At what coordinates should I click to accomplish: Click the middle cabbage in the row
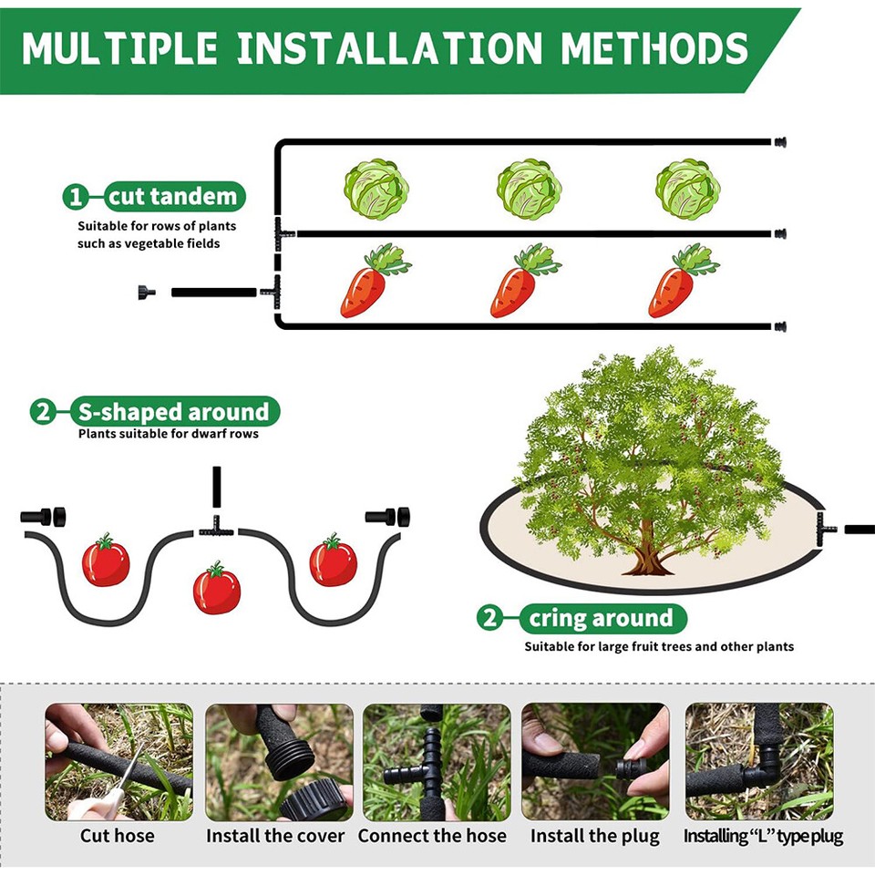coord(529,189)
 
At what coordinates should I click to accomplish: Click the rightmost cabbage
coord(687,189)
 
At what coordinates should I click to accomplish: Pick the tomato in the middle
coord(217,590)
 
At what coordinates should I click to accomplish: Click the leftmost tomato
coord(106,561)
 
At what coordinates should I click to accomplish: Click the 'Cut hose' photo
coord(118,761)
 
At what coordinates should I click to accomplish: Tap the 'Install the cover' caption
coord(275,836)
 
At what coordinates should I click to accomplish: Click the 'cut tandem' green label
coord(172,196)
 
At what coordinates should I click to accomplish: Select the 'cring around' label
coord(602,619)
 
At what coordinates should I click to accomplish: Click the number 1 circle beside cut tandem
coord(76,197)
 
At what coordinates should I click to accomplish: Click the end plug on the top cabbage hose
coord(779,142)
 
